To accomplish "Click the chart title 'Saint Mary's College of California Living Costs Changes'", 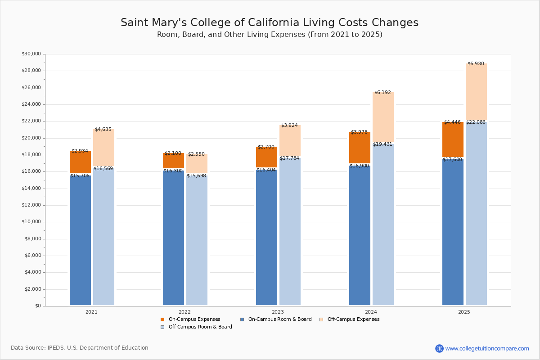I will [x=269, y=23].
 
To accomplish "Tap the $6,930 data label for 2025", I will [x=476, y=64].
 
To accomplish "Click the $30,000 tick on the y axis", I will [x=31, y=54].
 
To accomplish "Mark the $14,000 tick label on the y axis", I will [x=31, y=189].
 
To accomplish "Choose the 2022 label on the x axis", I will [x=184, y=312].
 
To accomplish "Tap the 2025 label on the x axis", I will [x=464, y=312].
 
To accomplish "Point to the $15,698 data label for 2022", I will [x=196, y=176].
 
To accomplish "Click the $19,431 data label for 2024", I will [x=382, y=144].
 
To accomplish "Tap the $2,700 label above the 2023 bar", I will [x=266, y=147].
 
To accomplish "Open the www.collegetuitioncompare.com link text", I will [x=487, y=348].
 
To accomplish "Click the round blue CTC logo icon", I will [x=439, y=348].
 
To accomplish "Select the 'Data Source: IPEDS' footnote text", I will [x=80, y=348].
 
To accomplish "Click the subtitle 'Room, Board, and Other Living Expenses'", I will [x=269, y=35].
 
